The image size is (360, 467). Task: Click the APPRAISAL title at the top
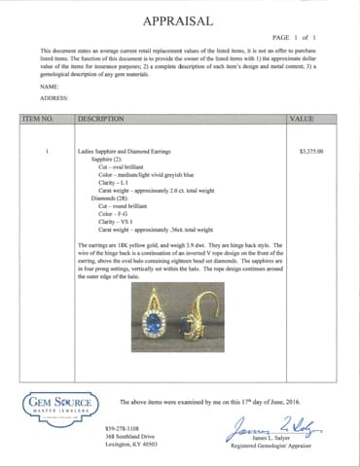(180, 20)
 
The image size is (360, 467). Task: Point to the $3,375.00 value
(311, 153)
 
